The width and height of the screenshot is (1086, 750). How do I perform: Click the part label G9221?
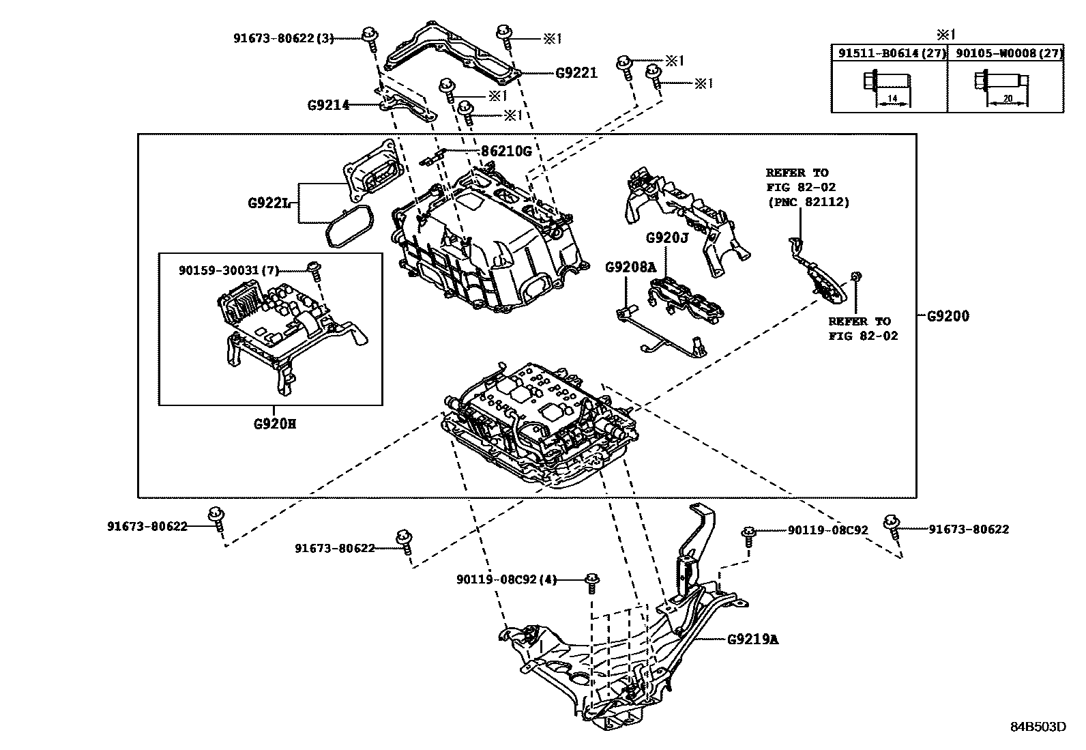click(576, 73)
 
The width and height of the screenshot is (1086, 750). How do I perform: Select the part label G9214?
click(328, 105)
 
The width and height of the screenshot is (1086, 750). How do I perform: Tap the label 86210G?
click(505, 151)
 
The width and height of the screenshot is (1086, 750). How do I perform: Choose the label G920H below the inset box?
click(275, 424)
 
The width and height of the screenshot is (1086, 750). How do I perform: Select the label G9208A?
click(630, 268)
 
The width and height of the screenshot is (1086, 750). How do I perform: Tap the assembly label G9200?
click(948, 317)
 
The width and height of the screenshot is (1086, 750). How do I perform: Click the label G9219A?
click(752, 639)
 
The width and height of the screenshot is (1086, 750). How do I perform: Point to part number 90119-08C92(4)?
click(506, 580)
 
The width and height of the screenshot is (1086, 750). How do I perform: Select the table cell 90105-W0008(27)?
click(1006, 53)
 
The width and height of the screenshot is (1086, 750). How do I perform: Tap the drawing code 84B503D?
click(1038, 726)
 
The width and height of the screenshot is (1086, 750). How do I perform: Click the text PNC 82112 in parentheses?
click(808, 202)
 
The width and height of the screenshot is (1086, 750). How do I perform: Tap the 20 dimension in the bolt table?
click(1008, 100)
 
